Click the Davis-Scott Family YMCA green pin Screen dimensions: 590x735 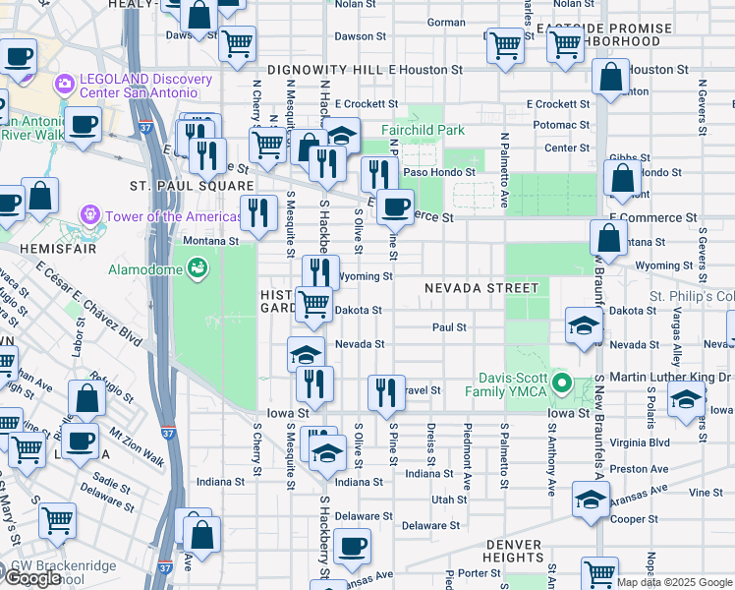(x=561, y=383)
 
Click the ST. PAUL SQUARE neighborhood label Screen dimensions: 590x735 (x=192, y=185)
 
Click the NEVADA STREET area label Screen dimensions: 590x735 (x=481, y=288)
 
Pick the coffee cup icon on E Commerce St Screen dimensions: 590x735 (x=395, y=206)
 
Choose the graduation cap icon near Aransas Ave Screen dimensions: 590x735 (x=591, y=500)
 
